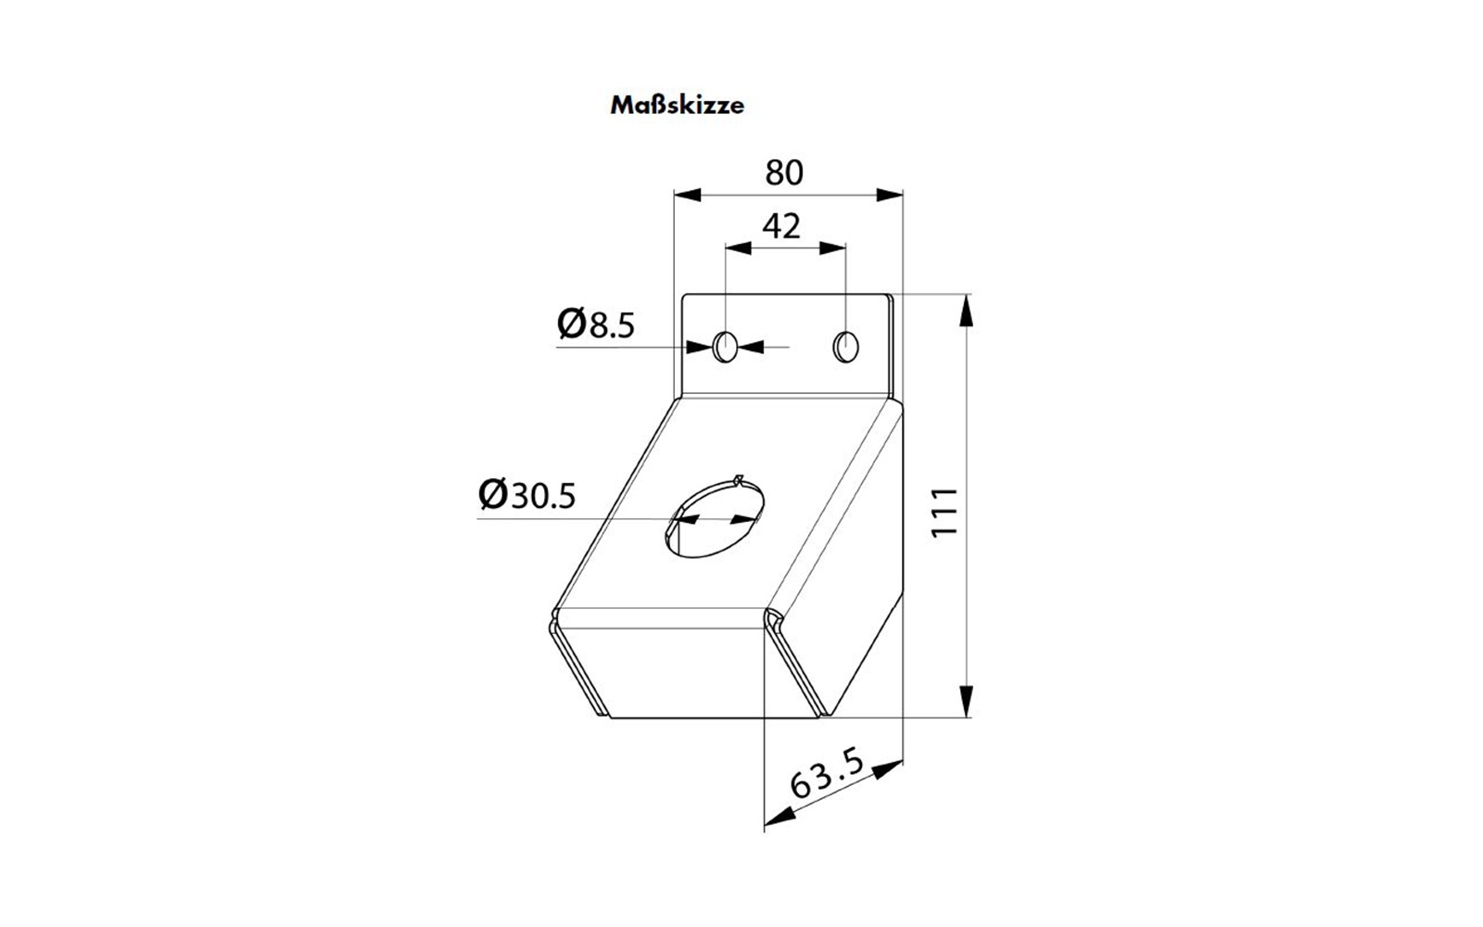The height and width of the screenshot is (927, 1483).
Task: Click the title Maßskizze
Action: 677,106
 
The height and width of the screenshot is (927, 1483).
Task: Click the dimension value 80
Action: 784,172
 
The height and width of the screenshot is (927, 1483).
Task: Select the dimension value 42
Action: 782,226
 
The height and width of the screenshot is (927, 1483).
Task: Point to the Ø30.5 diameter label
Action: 527,495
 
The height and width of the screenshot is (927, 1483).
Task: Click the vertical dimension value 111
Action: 944,513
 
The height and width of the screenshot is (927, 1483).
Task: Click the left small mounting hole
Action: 725,347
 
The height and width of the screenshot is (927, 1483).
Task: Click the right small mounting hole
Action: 845,347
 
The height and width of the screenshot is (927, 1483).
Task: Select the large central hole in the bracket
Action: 715,518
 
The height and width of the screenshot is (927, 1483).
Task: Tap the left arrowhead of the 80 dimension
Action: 688,196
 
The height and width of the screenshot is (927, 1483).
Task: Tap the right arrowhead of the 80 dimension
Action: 889,196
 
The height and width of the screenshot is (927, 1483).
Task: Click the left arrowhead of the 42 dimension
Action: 738,248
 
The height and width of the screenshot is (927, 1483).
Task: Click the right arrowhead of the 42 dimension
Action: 832,248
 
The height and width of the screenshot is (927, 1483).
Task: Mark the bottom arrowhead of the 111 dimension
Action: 967,702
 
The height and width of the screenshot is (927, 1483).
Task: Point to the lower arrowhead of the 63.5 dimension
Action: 780,817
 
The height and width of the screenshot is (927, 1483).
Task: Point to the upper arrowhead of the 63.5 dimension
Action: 888,769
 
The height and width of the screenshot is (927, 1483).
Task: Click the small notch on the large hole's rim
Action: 740,481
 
